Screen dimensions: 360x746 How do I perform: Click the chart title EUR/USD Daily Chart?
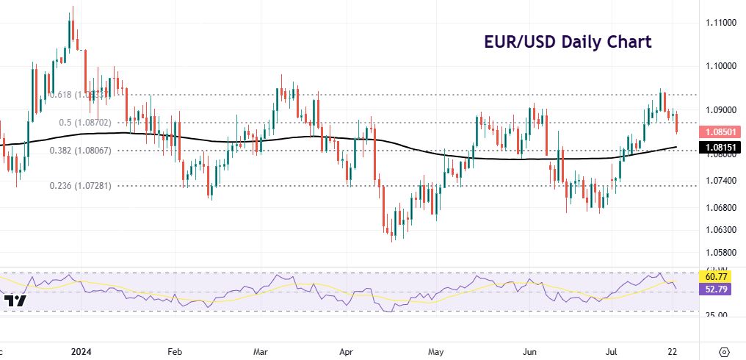click(x=568, y=42)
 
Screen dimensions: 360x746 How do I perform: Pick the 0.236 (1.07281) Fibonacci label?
click(x=81, y=186)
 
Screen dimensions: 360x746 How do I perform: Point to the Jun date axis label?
click(x=528, y=350)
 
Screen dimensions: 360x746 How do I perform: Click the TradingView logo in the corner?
click(x=15, y=301)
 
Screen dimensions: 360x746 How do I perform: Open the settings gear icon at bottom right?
click(x=724, y=350)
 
